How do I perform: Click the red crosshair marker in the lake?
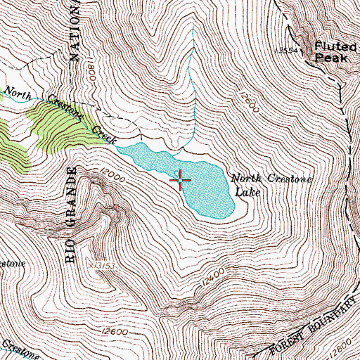coord(181,181)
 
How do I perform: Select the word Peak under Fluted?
coord(331,58)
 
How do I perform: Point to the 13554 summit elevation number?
coord(288,51)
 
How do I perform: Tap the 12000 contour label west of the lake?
coord(112,175)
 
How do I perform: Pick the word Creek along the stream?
coord(104,132)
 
